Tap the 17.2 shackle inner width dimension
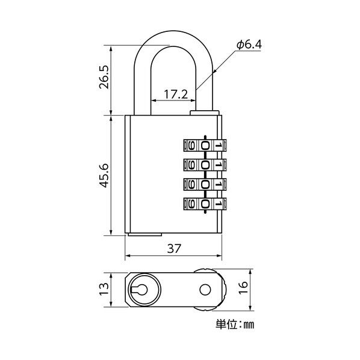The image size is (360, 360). [176, 94]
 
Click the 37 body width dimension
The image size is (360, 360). [174, 248]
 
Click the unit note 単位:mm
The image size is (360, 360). [235, 325]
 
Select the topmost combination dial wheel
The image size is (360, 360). [204, 145]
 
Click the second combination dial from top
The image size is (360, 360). [204, 164]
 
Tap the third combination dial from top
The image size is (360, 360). [204, 184]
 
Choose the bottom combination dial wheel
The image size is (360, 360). [204, 204]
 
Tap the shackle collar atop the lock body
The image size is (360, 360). [203, 112]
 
